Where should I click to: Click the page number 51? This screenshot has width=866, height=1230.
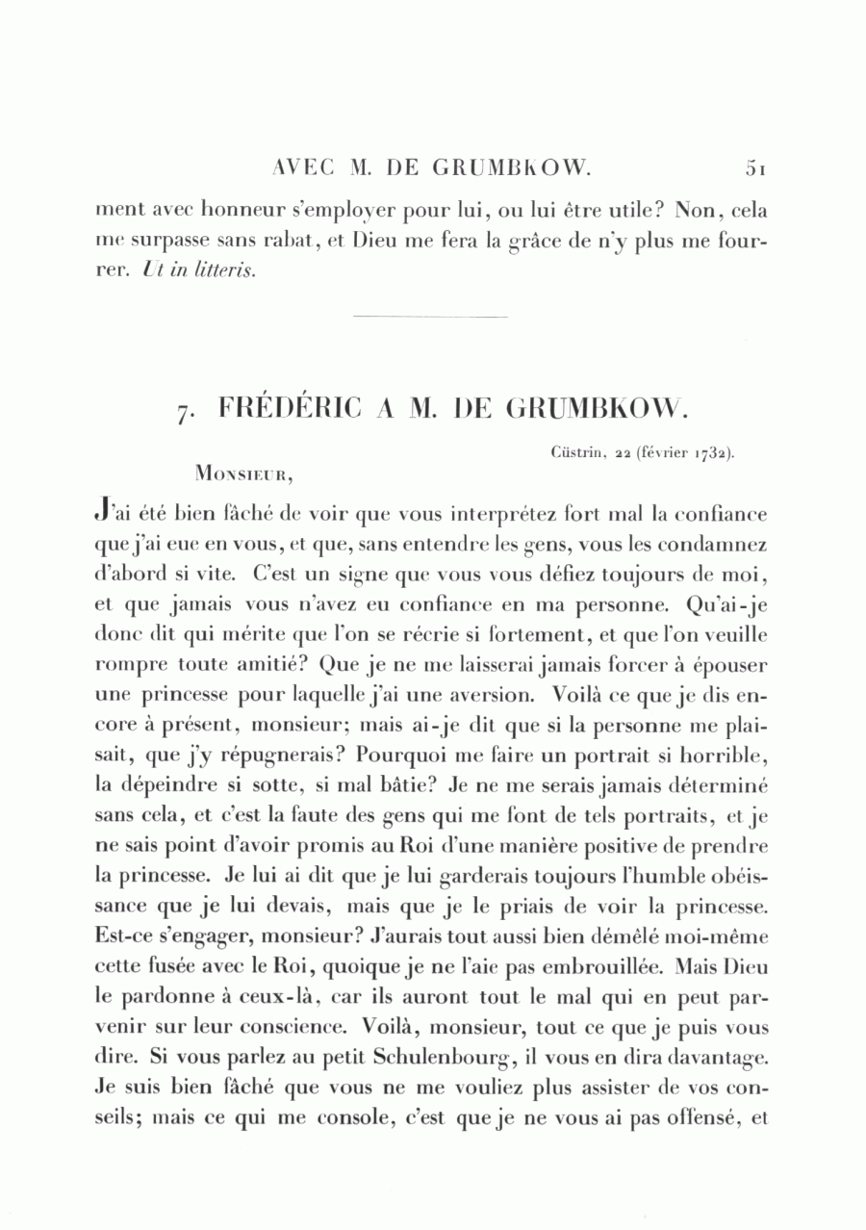tap(754, 167)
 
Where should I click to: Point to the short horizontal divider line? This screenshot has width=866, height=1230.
tap(430, 317)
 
